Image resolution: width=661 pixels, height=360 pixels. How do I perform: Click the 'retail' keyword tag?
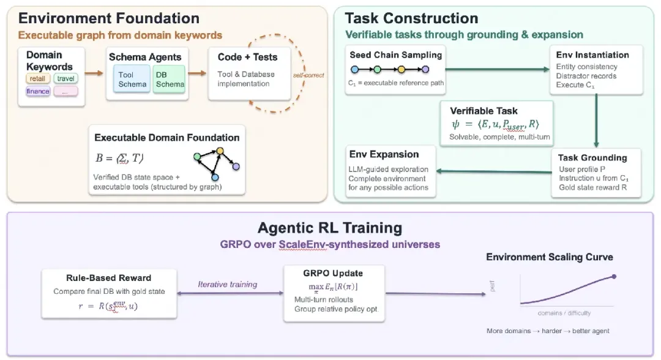38,78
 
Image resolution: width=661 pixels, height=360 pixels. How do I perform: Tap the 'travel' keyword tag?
65,78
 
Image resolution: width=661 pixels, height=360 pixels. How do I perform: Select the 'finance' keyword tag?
38,91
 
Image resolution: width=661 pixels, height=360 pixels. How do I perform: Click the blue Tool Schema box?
132,79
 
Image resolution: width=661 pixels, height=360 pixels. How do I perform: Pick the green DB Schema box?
169,79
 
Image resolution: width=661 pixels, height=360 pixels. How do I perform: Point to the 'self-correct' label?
308,75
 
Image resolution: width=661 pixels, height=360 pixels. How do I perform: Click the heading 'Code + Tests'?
247,57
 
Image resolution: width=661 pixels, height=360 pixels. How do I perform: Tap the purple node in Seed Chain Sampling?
425,69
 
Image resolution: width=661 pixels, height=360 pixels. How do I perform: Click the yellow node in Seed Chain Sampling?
401,69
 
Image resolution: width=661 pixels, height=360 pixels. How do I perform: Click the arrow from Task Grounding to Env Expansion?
494,171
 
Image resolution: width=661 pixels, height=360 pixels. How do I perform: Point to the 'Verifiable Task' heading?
484,111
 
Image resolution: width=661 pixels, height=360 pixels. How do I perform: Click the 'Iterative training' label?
228,284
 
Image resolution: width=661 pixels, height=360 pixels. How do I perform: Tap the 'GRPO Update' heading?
333,273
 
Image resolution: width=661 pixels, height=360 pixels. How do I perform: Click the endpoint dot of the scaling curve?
614,277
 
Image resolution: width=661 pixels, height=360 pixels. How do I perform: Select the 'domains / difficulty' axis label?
564,313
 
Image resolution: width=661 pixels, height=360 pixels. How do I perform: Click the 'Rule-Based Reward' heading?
109,278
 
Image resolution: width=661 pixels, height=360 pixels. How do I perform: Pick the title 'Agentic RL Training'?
330,228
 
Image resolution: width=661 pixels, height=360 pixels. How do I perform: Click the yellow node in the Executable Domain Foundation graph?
220,151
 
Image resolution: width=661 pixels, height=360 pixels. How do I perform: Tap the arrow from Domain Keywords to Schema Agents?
94,73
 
